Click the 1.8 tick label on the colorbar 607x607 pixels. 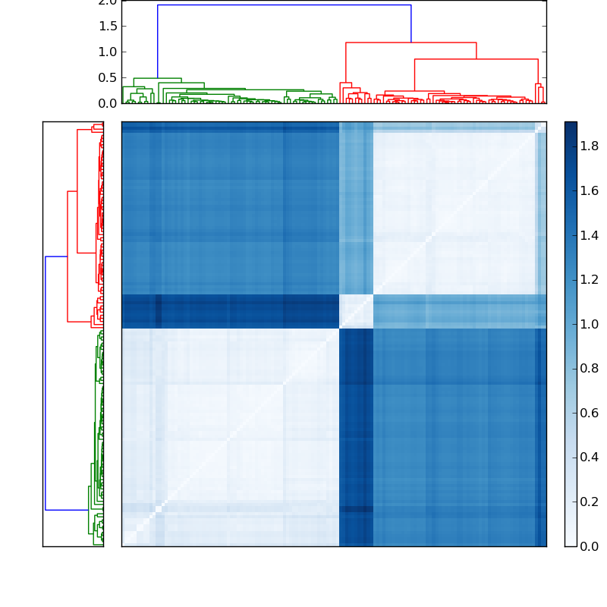point(590,146)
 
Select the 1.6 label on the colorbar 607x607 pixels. point(590,191)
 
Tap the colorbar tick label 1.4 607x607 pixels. point(590,235)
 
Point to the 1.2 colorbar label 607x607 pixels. point(590,280)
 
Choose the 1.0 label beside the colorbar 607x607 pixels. point(590,324)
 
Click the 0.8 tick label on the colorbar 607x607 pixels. point(590,369)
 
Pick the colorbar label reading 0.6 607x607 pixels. point(590,413)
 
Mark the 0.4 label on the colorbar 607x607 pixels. point(590,458)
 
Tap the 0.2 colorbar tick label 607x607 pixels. point(590,502)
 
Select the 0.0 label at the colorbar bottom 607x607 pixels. point(590,546)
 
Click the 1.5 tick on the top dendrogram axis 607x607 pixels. point(108,26)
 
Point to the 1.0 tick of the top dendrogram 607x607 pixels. point(108,52)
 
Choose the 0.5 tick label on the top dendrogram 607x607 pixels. point(108,77)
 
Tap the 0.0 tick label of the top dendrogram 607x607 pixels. point(108,102)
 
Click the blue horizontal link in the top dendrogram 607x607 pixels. point(285,5)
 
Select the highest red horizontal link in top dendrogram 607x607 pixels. point(410,42)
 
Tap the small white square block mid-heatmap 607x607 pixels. point(356,311)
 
